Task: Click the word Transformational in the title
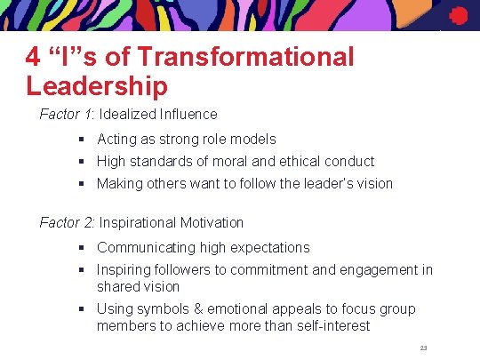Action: [244, 58]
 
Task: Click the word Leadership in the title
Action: [97, 86]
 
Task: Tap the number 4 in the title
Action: [33, 58]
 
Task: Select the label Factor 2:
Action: [68, 222]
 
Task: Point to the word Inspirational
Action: [138, 222]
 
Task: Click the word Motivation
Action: [212, 222]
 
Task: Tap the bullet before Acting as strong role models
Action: [82, 140]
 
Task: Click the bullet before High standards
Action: [82, 162]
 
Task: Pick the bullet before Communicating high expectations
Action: [82, 248]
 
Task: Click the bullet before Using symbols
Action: [82, 309]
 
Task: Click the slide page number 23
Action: [423, 348]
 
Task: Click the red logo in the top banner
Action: [459, 15]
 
